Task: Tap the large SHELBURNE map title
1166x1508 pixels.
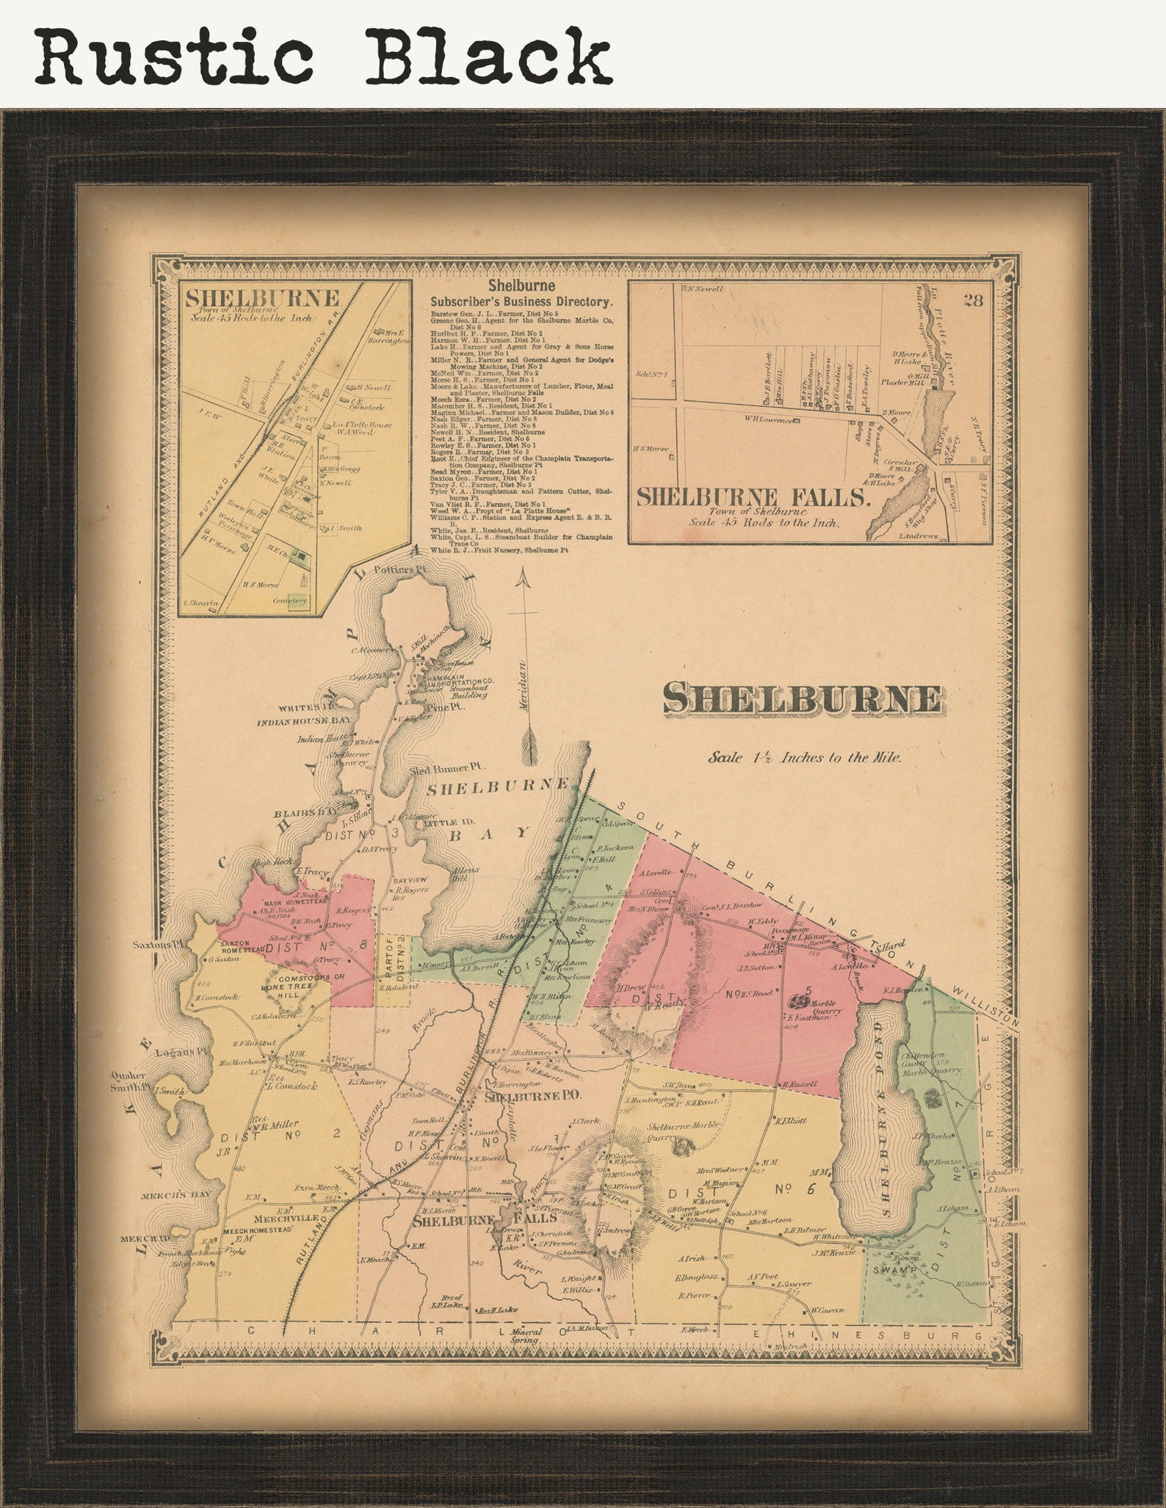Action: pos(802,699)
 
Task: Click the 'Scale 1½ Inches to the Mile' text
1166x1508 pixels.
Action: pos(805,757)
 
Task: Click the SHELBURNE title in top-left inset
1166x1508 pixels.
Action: pos(261,298)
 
